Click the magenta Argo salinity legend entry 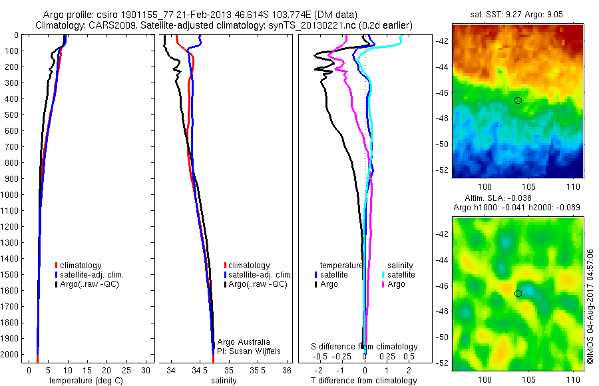pos(393,284)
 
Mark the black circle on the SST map pos(518,100)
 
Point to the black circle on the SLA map pos(518,293)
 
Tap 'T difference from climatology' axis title pos(363,381)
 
